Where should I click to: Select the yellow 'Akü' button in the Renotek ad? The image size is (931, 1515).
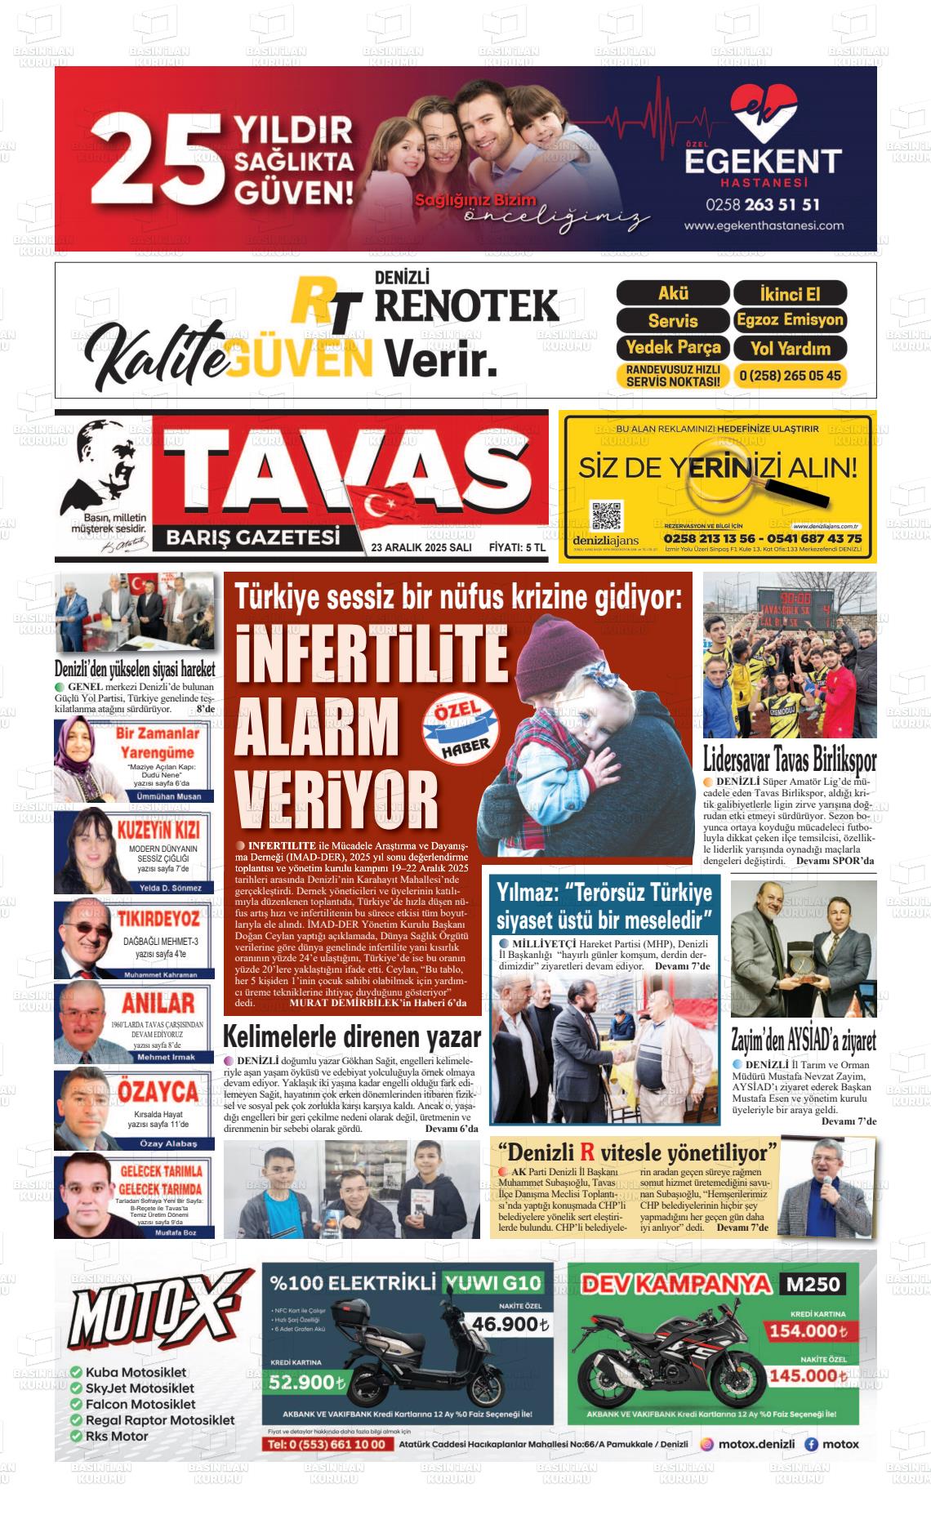pos(672,293)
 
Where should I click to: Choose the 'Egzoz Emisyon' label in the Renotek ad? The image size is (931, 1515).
pos(789,319)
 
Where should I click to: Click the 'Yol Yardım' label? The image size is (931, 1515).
pos(790,348)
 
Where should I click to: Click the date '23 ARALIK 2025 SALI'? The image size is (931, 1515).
pos(421,547)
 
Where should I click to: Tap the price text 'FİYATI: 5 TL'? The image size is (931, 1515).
pos(516,547)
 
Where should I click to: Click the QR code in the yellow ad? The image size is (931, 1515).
pos(607,517)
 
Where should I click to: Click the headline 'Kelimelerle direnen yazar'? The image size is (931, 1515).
pos(352,1037)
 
